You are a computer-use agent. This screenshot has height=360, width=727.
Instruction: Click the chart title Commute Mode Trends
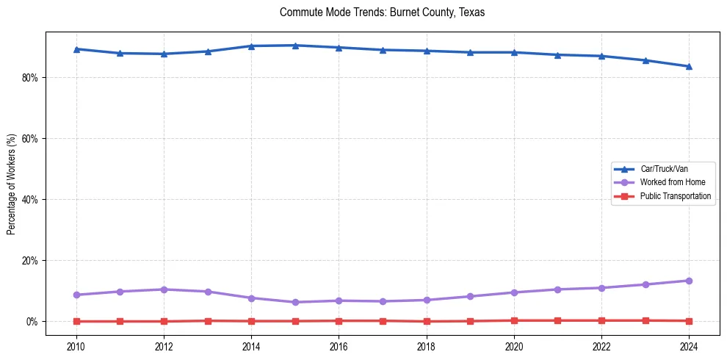tap(382, 12)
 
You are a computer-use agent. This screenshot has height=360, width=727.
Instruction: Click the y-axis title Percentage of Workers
tap(12, 184)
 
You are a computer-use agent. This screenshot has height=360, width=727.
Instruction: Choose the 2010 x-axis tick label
tap(76, 347)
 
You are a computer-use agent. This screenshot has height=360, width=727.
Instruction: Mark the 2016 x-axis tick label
tap(339, 347)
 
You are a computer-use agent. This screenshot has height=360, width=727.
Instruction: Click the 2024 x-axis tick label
tap(689, 347)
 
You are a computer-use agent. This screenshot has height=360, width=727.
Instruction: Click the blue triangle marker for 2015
tap(295, 46)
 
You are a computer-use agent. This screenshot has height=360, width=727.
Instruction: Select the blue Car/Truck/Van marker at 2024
tap(689, 66)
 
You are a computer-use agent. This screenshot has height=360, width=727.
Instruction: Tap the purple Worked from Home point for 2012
tap(164, 289)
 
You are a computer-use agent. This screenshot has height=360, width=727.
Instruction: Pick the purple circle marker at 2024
tap(689, 281)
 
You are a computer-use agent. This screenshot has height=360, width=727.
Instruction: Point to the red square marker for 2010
tap(76, 321)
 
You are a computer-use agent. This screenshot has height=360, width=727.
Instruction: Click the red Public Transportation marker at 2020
tap(514, 320)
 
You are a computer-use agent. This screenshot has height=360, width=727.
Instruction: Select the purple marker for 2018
tap(427, 300)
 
